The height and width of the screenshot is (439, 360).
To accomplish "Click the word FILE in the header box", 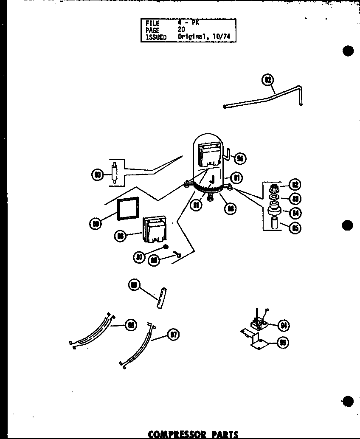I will point(152,24).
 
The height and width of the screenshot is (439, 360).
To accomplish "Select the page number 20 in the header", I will point(181,30).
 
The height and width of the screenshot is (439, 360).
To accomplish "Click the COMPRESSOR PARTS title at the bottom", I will point(193,434).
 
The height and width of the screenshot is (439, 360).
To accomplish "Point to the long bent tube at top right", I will point(263,100).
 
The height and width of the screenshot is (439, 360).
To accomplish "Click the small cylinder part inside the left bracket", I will point(114,174).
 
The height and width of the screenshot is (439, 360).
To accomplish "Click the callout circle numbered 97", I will point(173,335).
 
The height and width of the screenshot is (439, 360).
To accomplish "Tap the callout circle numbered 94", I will point(283,326).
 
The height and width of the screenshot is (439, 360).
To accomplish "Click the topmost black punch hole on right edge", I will point(348,51).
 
